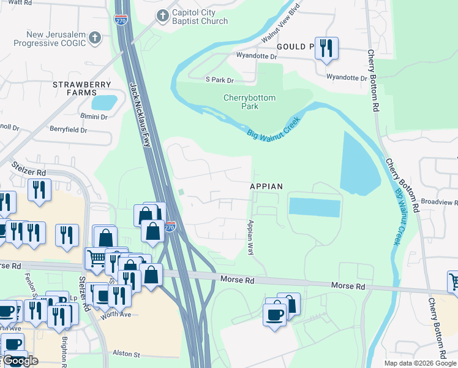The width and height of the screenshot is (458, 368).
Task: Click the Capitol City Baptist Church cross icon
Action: point(162,16)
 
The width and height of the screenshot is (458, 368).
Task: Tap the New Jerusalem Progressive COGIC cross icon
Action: point(94,39)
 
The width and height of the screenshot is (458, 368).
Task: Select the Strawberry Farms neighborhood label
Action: point(81,88)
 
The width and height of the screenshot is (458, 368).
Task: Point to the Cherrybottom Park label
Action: point(249,102)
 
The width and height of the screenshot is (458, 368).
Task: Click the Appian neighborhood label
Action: point(266,186)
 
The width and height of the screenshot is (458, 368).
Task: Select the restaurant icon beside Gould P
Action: point(326,48)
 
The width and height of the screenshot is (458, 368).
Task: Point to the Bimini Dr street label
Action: point(93,117)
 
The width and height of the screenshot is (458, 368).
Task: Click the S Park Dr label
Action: point(220,80)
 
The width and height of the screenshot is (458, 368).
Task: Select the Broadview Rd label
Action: point(440,201)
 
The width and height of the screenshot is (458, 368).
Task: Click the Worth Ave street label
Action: point(116,315)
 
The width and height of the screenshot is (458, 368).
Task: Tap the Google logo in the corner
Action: point(21,361)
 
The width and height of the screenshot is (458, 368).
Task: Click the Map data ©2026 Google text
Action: point(419,363)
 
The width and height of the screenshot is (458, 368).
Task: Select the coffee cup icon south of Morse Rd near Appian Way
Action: point(275,315)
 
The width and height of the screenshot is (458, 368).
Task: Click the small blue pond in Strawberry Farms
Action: point(105,102)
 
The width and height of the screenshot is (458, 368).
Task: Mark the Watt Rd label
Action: point(20,3)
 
